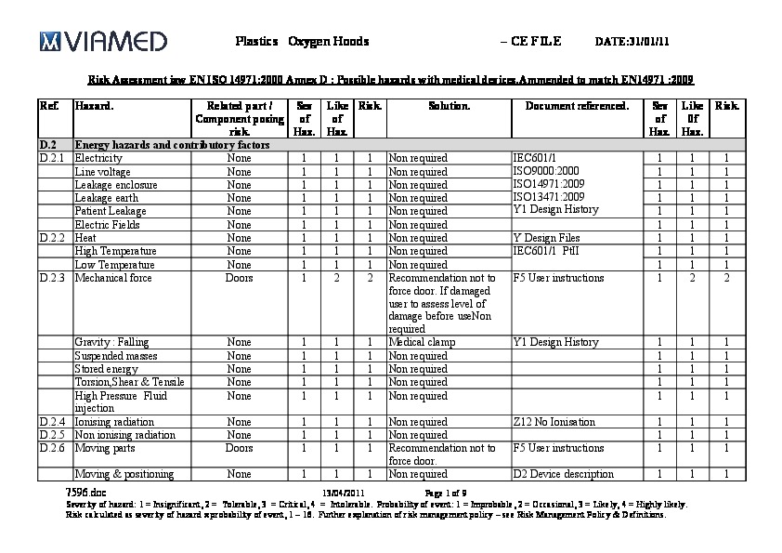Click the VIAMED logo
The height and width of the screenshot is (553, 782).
coord(103,41)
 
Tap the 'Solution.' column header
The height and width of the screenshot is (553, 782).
coord(449,106)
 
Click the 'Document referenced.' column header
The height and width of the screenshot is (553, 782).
coord(577,106)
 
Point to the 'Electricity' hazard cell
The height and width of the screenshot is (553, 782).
coord(98,159)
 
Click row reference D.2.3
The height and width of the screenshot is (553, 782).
coord(52,278)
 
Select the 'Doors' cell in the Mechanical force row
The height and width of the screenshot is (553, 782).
coord(239,278)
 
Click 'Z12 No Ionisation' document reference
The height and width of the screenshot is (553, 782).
coord(554,422)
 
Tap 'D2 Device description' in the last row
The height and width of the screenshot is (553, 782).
coord(563,475)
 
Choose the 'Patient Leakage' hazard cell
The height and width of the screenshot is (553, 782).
coord(111,212)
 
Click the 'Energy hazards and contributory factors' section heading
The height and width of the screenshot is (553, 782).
coord(172,145)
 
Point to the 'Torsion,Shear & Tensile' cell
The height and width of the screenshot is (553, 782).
coord(129,382)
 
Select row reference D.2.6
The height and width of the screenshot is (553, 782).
coord(52,448)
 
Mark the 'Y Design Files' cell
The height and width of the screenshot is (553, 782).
coord(546,238)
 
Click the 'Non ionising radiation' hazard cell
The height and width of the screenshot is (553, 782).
coord(124,435)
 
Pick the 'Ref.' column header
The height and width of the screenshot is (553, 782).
coord(49,106)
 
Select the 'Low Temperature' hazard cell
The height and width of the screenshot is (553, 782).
coord(114,265)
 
